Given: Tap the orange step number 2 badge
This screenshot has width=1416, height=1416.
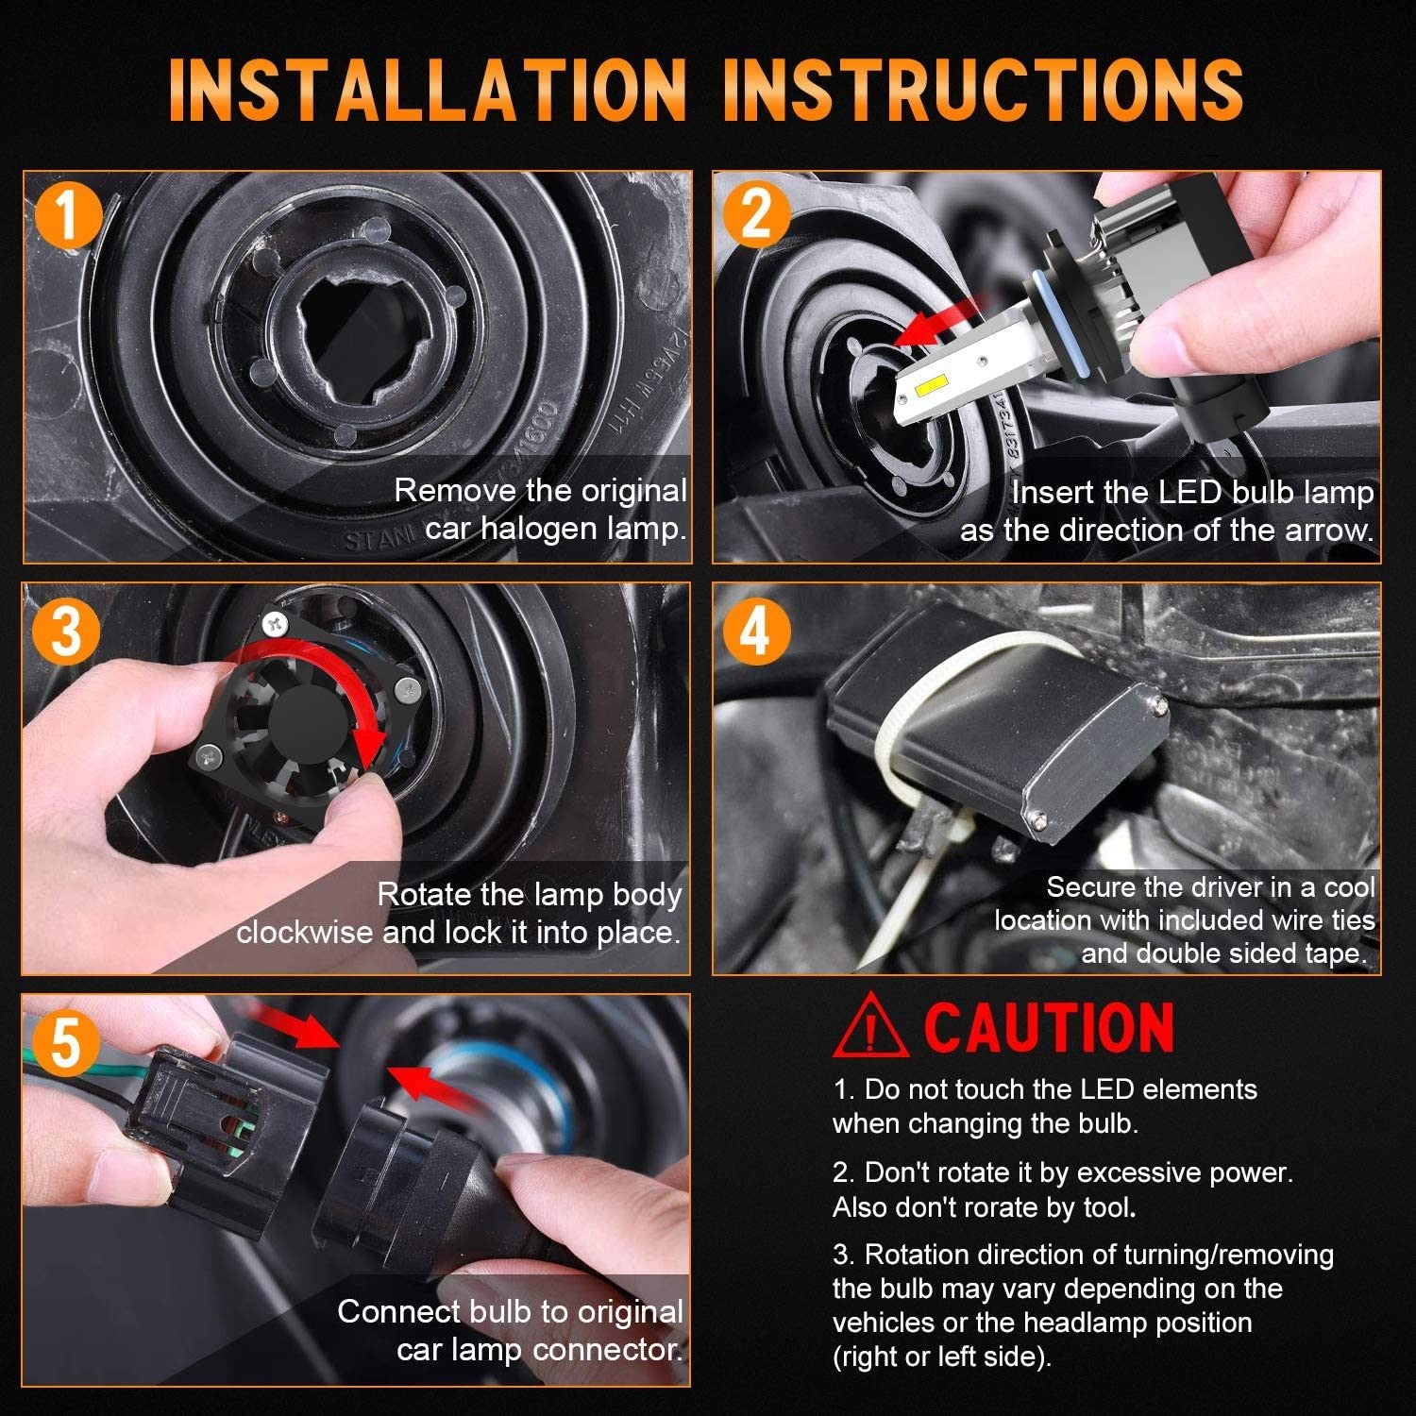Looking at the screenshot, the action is [x=756, y=216].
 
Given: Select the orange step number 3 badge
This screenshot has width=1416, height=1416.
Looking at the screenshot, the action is [x=66, y=630].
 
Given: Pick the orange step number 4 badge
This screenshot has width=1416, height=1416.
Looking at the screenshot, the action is [x=755, y=629].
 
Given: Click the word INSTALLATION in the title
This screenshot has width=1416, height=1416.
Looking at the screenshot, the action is [x=428, y=90].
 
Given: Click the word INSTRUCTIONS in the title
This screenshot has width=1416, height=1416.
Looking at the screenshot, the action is [x=983, y=90].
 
